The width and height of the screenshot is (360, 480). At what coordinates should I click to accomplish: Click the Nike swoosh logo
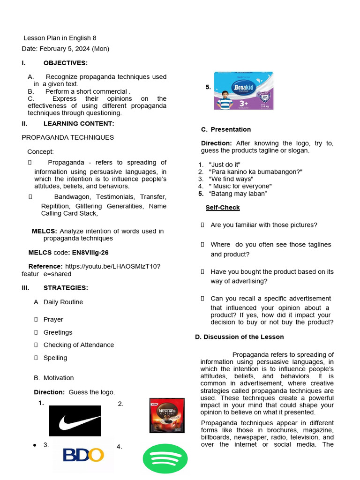pos(75,421)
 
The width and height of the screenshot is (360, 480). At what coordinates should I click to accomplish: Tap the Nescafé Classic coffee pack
pos(167,415)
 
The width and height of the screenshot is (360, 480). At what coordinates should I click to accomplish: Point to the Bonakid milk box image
pos(243,90)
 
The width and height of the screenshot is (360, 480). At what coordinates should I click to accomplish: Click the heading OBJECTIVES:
pos(65,63)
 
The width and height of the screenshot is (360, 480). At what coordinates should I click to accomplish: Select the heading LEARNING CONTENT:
pos(79,124)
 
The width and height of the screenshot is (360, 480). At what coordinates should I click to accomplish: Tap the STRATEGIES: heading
pos(66,288)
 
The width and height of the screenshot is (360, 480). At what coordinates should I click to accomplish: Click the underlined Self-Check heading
pos(223,208)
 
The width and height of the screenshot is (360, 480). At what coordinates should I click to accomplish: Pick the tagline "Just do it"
pos(225,165)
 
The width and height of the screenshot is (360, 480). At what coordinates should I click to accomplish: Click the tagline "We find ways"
pos(231,179)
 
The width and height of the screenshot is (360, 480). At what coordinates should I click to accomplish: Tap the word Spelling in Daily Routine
pos(55,358)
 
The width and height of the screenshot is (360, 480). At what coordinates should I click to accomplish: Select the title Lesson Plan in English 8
pos(60,38)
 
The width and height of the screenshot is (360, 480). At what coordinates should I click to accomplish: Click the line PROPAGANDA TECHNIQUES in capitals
pos(68,138)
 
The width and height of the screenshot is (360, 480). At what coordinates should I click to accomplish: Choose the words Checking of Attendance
pos(79,345)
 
